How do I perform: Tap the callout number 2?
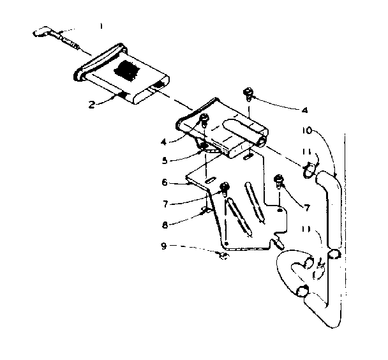click(93, 104)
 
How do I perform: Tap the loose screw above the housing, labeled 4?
click(248, 95)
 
